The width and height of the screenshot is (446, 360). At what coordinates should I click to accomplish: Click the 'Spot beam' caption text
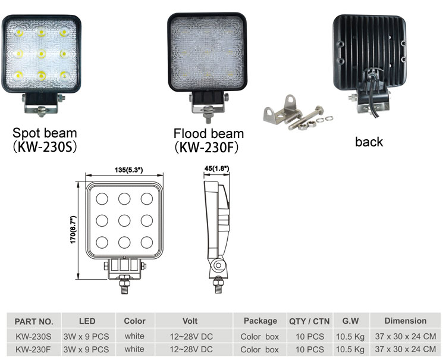coord(45,133)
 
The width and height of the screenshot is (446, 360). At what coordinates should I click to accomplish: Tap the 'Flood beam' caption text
coord(209,133)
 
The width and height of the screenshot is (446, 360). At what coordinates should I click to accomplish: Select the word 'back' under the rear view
coord(369,142)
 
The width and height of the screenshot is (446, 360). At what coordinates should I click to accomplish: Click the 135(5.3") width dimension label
coord(128,170)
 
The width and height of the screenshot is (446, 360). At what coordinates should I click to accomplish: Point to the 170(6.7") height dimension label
coord(74,230)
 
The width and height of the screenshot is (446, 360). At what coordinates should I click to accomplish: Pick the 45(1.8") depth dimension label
coord(216,168)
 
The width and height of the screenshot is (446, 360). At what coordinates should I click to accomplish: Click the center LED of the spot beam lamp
coord(42,54)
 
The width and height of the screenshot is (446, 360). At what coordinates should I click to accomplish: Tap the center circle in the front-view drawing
coord(124,221)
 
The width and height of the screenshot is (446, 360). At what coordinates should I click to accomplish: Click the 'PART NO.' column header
coord(34,321)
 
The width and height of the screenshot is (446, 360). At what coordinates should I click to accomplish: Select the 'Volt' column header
coord(190,321)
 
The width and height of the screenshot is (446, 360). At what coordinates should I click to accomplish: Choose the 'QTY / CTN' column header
coord(309,321)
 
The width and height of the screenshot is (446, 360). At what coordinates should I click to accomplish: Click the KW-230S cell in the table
coord(33,336)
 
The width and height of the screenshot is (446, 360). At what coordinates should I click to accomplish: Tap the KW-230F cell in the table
coord(33,349)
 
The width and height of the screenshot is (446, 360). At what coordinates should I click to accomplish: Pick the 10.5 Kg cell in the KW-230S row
coord(350,337)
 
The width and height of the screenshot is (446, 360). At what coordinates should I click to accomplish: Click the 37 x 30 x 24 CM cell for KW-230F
coord(406,349)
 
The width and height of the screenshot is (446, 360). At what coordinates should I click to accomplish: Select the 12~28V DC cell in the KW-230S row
coord(191,337)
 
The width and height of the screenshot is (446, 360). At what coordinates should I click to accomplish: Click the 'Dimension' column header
coord(406,321)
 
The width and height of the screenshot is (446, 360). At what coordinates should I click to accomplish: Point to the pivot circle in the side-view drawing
coord(218,265)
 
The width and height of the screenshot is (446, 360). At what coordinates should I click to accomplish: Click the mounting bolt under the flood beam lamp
coord(208,114)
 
